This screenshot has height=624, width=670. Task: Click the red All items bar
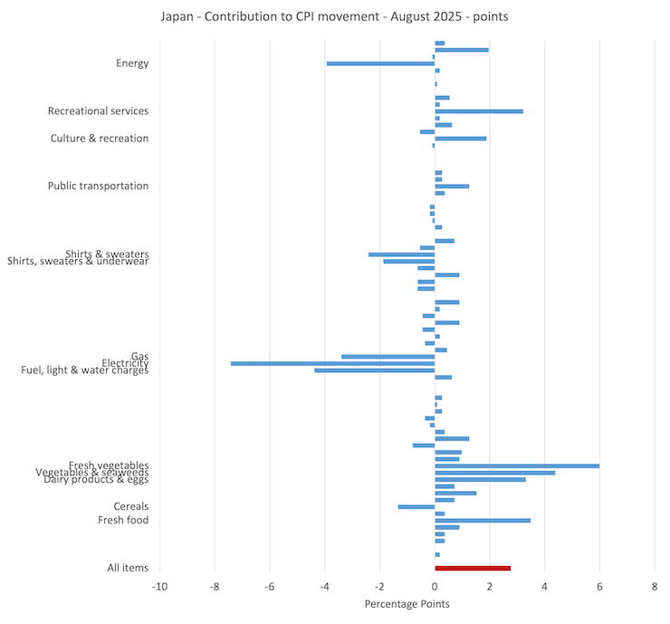[x=473, y=568]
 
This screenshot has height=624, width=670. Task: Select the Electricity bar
[x=332, y=363]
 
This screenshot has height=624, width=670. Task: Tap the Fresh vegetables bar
[x=516, y=466]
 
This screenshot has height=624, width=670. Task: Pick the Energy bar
[x=380, y=63]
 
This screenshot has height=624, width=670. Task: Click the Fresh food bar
[x=482, y=520]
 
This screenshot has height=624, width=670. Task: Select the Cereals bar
[x=416, y=506]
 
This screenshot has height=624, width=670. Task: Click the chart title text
[x=334, y=17]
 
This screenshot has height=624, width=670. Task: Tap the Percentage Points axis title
[x=407, y=603]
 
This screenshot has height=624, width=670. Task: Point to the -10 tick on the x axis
[x=159, y=586]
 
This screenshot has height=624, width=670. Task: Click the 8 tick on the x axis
[x=655, y=586]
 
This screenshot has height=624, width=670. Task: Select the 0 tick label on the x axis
[x=435, y=586]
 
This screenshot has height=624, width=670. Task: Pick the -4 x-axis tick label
[x=324, y=586]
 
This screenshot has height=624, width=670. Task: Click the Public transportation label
[x=98, y=186]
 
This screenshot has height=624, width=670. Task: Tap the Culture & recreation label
[x=100, y=139]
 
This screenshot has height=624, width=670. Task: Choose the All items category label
[x=128, y=568]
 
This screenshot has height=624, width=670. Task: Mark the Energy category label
[x=132, y=63]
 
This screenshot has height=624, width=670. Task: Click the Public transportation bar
[x=451, y=186]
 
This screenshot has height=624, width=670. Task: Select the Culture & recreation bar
[x=460, y=139]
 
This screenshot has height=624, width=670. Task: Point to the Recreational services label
[x=98, y=111]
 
